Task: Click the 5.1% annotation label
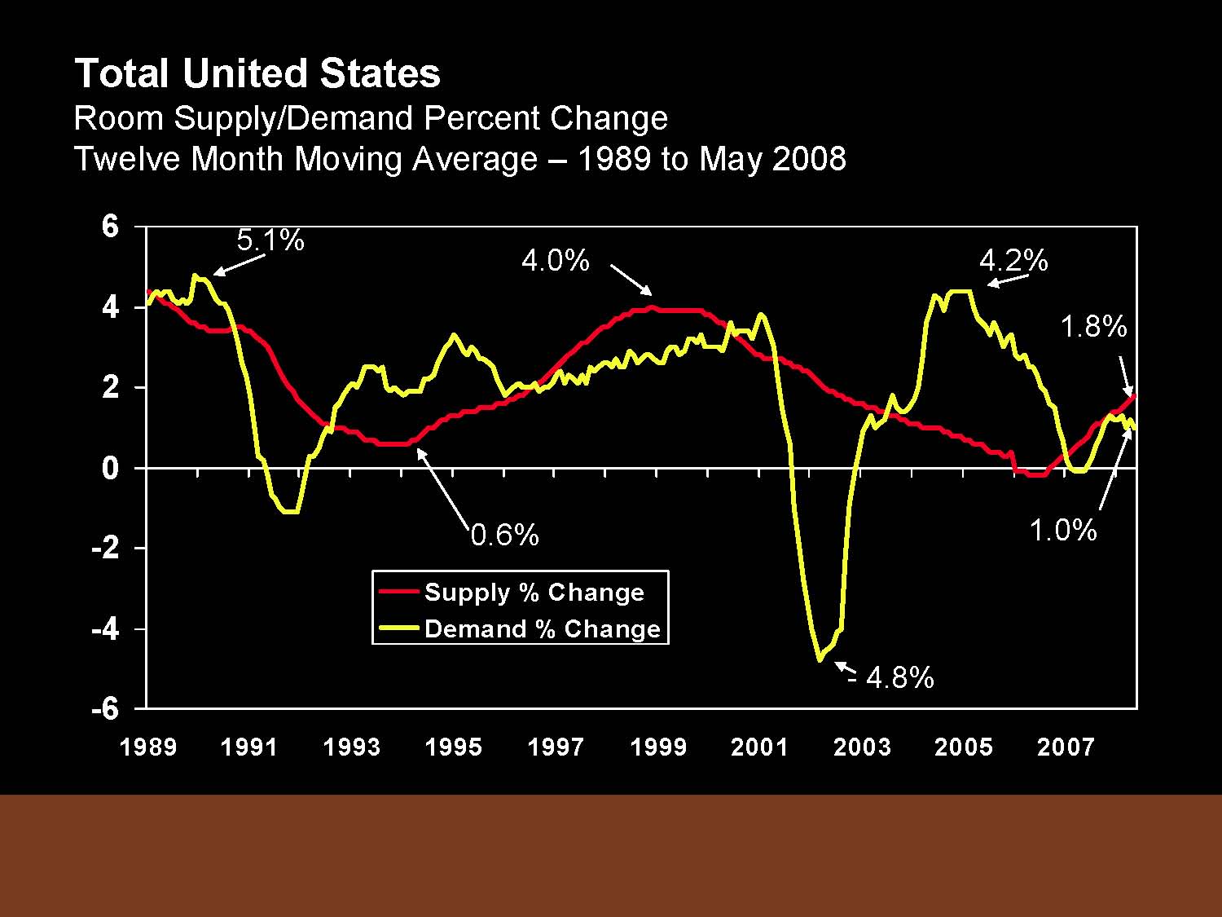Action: (x=270, y=240)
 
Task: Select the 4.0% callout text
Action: (x=555, y=261)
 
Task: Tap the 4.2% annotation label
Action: (x=1013, y=261)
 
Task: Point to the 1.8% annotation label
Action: (x=1092, y=327)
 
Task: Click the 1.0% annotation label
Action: (x=1062, y=531)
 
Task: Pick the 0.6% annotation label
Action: (x=505, y=536)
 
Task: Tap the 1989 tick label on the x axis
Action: (x=148, y=747)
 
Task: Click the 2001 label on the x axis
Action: (x=759, y=747)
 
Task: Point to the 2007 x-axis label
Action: (x=1065, y=747)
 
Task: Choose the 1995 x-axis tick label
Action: (x=453, y=747)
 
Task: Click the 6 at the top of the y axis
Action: (x=111, y=227)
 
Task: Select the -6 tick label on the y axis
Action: (x=105, y=709)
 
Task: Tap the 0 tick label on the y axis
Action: (x=111, y=468)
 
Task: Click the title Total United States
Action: (x=257, y=73)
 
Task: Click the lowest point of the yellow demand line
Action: (x=820, y=659)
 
